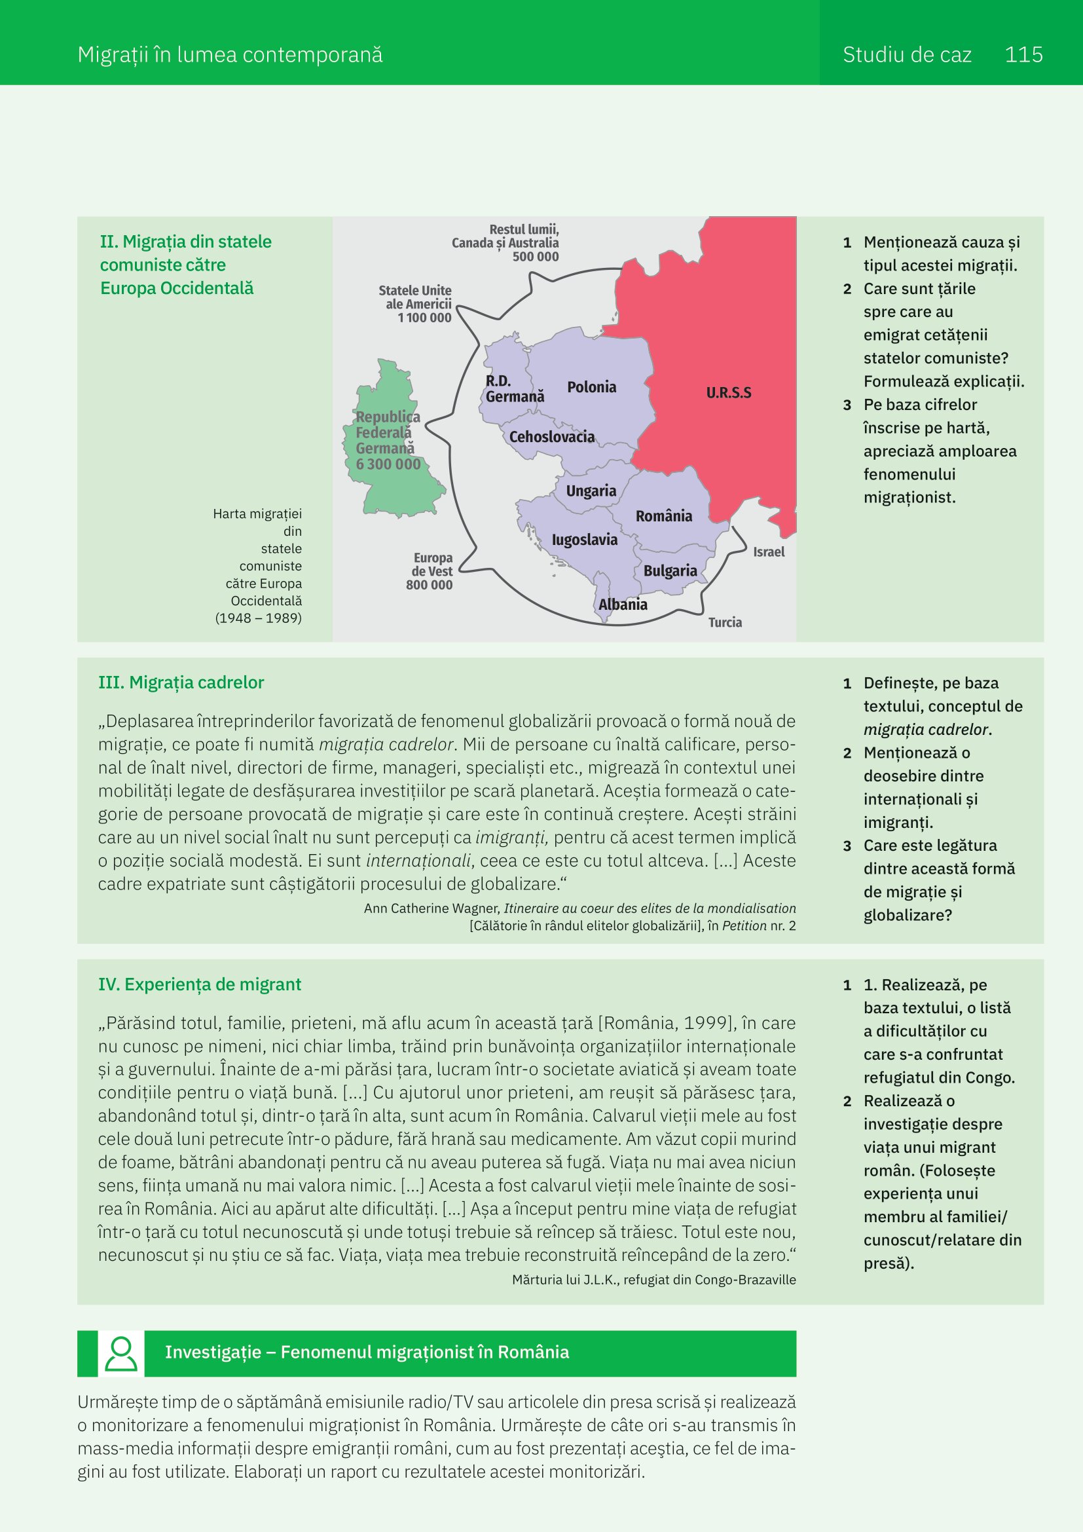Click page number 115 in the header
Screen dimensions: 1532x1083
coord(1023,55)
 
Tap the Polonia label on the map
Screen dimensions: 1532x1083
coord(591,387)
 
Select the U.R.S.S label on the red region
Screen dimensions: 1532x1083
coord(728,393)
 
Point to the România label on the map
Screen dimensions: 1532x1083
coord(663,515)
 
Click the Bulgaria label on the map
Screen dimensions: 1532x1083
coord(670,570)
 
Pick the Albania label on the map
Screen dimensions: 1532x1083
coord(622,605)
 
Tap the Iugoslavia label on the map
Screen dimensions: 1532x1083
coord(584,540)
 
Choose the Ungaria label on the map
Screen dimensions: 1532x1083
coord(591,491)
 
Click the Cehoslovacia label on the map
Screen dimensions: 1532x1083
coord(551,437)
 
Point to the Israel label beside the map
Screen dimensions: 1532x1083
coord(768,551)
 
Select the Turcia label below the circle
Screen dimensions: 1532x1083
coord(725,622)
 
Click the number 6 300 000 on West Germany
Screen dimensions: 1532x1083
coord(388,464)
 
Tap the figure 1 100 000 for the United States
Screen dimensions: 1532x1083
coord(424,318)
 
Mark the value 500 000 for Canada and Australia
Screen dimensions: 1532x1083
coord(536,257)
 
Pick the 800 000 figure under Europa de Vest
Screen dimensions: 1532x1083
coord(429,585)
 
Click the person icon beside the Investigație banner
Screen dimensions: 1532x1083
coord(121,1353)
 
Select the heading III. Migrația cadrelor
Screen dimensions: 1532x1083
coord(181,682)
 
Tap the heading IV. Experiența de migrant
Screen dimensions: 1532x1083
coord(200,984)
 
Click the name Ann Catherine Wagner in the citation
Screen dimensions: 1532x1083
coord(431,908)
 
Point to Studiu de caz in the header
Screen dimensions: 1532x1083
coord(906,55)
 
